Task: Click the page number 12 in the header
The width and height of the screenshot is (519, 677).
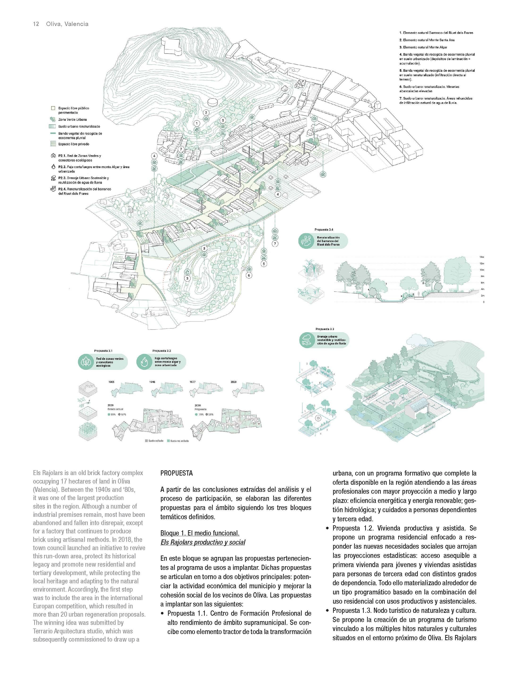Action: coord(36,24)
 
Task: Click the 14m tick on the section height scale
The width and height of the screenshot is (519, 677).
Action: coord(481,257)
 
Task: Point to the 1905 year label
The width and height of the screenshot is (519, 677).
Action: coord(112,382)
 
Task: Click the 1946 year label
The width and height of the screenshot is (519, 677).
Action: coord(152,382)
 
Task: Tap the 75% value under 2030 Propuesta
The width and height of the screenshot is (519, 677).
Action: coord(201,414)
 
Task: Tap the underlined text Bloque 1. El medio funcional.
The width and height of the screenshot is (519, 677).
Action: coord(200,533)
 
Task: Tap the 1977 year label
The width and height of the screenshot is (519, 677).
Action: coord(193,382)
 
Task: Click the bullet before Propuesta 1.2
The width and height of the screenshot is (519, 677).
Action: coord(327,528)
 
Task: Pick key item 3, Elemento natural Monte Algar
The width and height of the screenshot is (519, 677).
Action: coord(423,47)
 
